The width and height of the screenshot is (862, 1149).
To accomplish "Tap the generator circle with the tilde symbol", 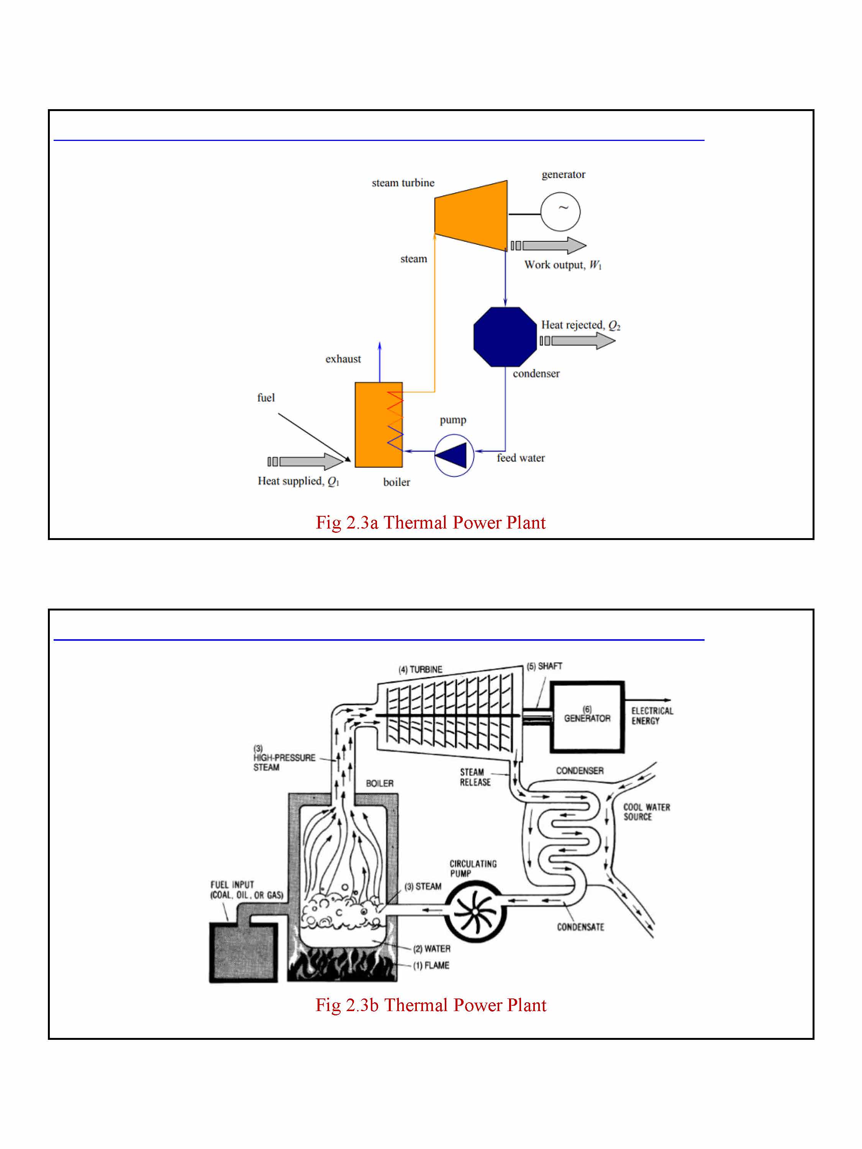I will click(560, 212).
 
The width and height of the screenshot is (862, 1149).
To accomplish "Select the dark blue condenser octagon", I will click(505, 337).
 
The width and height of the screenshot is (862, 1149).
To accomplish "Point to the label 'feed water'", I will click(521, 458).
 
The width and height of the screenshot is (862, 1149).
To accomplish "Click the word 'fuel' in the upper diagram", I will click(265, 398).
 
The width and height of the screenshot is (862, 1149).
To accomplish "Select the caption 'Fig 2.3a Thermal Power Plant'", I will click(430, 522).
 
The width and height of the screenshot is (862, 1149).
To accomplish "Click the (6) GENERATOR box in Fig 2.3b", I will click(587, 717).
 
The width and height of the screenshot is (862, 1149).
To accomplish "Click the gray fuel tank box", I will click(243, 953).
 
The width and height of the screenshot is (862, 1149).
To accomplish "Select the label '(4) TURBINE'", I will click(420, 669).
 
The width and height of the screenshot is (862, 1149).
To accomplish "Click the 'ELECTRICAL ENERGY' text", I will click(652, 716).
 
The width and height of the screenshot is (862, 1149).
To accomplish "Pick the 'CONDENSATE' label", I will click(580, 927).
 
